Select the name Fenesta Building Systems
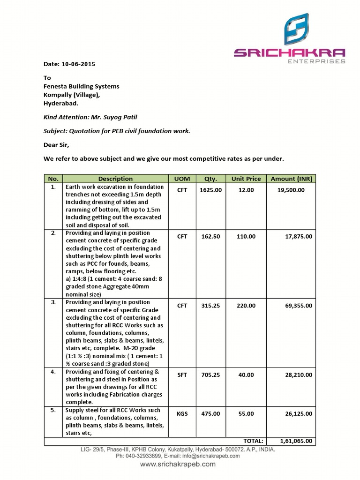[x=82, y=86]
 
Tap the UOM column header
[x=182, y=179]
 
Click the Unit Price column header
[x=246, y=179]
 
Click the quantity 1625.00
[x=210, y=190]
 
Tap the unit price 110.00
[x=246, y=237]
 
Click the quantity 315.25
[x=210, y=306]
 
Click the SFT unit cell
[x=182, y=375]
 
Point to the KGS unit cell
[x=182, y=414]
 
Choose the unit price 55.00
[x=246, y=414]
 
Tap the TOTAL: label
[x=253, y=441]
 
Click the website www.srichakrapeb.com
[x=178, y=464]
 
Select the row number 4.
[x=53, y=372]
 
